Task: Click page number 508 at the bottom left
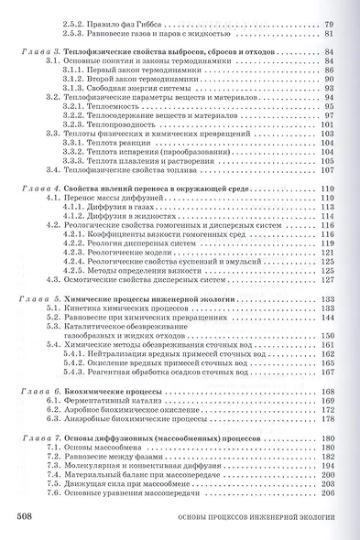(26, 517)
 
